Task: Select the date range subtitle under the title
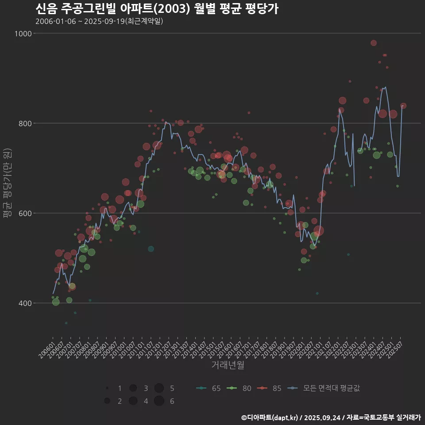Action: pos(99,21)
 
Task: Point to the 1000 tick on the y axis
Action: pos(23,34)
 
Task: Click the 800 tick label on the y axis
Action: pos(24,124)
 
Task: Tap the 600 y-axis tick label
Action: pos(24,213)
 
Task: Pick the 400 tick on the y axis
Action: pos(24,303)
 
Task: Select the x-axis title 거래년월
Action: pos(228,365)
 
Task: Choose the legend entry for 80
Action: pos(239,388)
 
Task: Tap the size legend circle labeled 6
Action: pos(159,401)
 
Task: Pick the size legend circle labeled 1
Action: pos(107,388)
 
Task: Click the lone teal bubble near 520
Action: pos(151,249)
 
